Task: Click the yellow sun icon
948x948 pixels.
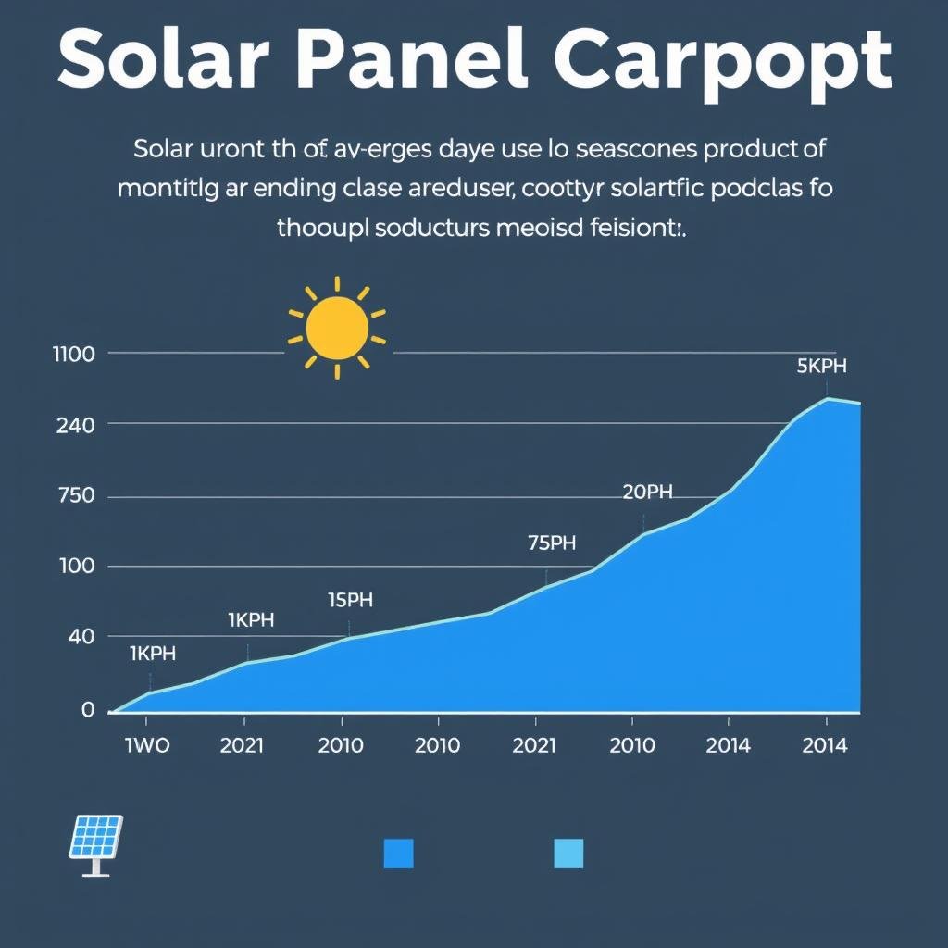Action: point(337,328)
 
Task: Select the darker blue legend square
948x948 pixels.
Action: point(398,854)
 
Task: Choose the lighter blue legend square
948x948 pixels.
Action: point(568,854)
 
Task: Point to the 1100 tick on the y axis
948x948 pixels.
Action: point(75,354)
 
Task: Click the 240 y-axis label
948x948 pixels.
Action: point(75,426)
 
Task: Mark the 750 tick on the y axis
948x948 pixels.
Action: point(75,496)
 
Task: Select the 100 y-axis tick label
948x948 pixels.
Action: point(75,566)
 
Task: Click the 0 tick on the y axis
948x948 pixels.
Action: point(88,710)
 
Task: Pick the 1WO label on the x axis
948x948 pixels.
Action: point(147,746)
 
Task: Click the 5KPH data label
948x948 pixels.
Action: point(821,366)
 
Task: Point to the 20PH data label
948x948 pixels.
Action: point(647,493)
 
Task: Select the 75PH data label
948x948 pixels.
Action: point(552,543)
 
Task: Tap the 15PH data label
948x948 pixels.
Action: point(351,600)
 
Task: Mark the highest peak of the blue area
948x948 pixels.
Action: point(827,399)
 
